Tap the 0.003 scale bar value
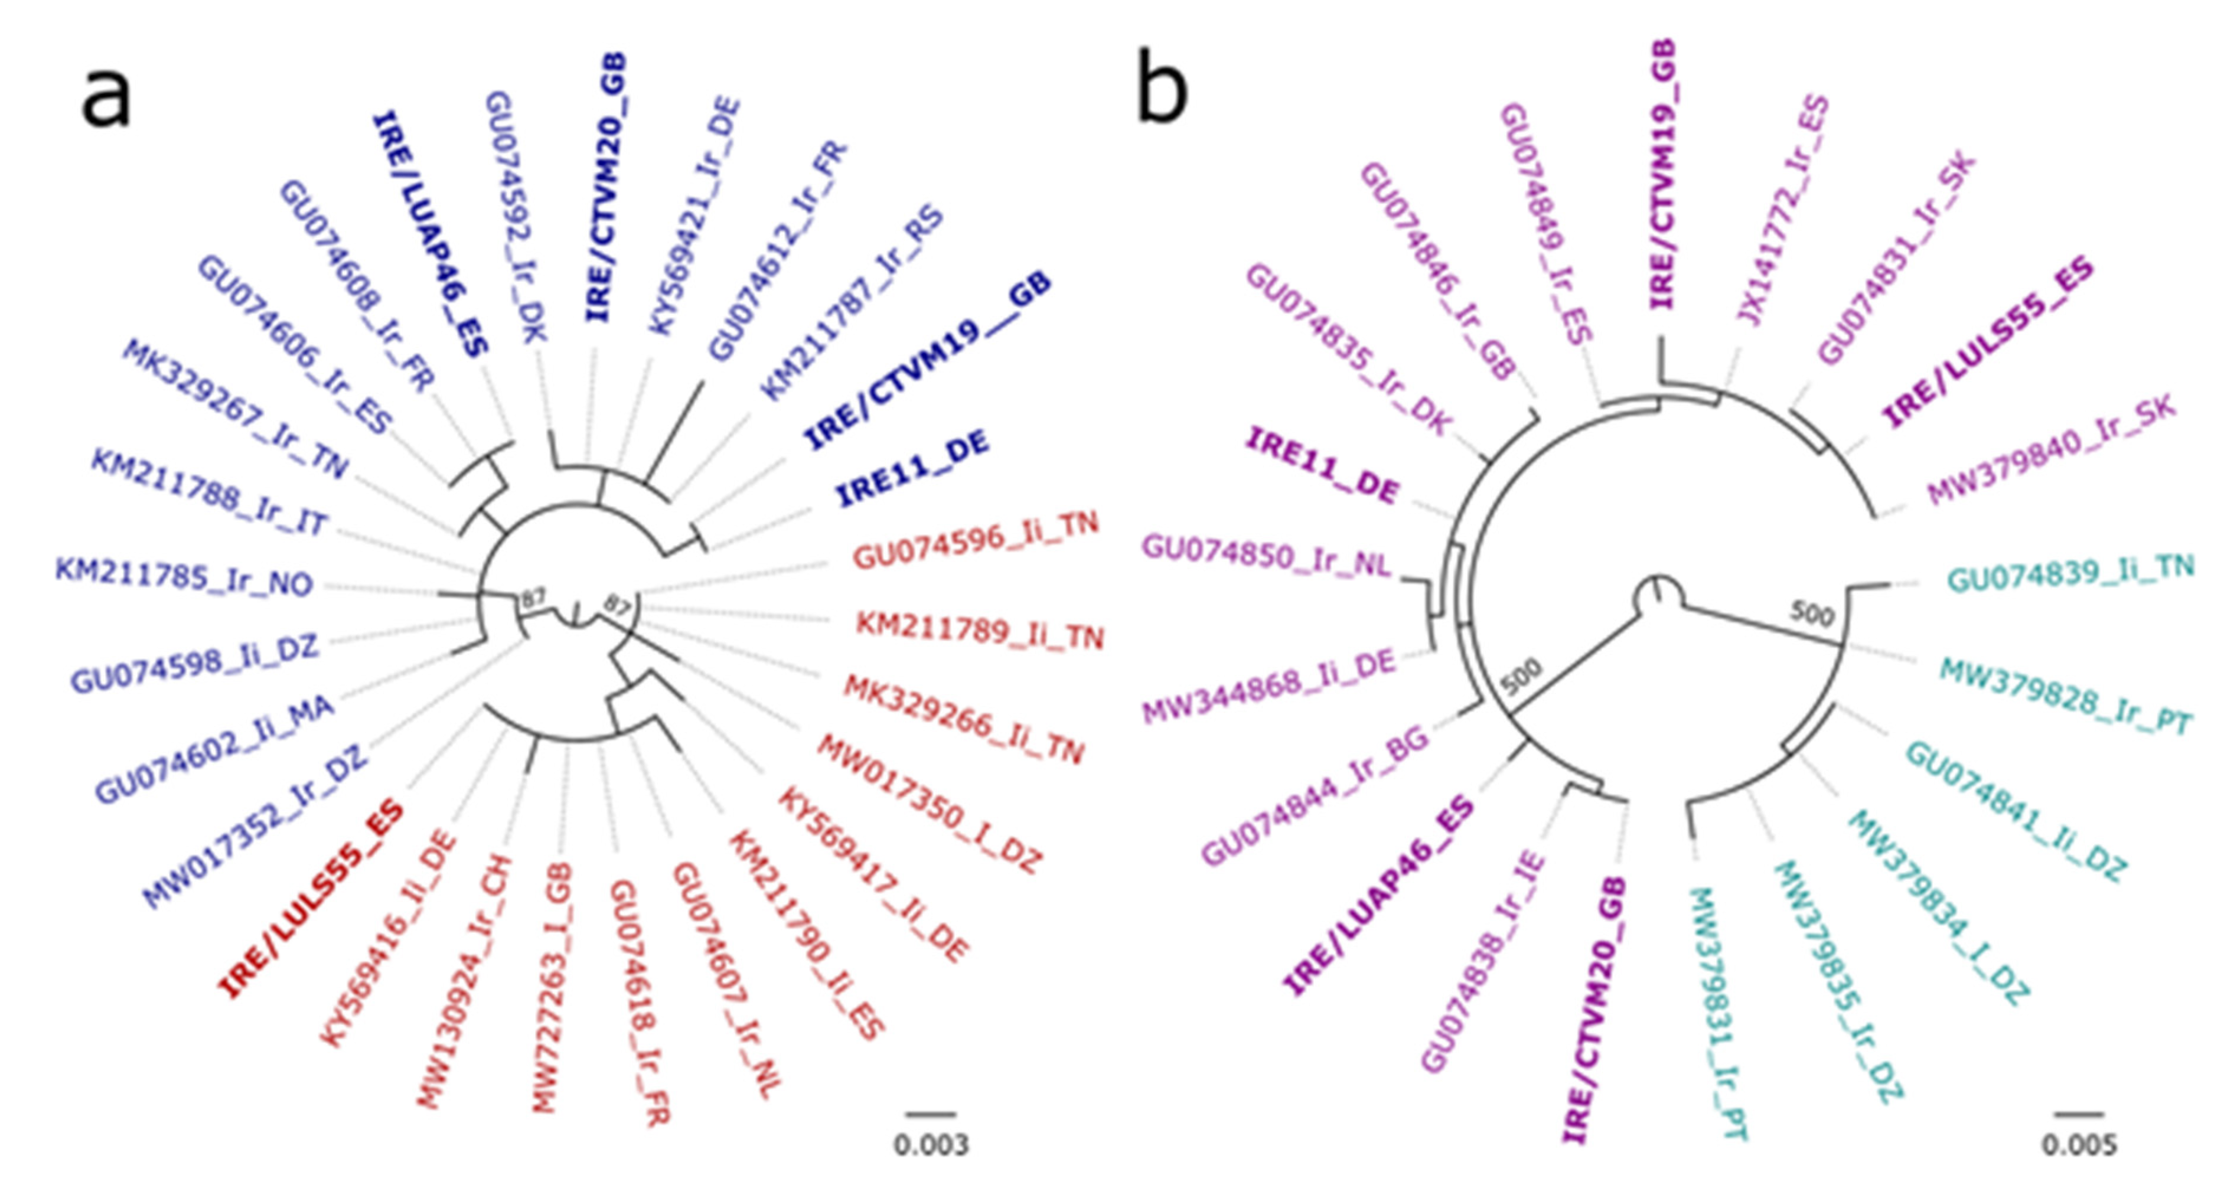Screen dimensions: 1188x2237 pos(931,1144)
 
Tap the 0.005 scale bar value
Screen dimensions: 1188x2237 pos(2079,1144)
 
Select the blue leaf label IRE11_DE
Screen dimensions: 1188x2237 pos(912,470)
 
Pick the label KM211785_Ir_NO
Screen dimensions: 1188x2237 pos(184,577)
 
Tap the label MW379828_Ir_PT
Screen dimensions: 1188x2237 pos(2066,697)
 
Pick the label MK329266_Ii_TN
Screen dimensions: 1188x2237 pos(964,719)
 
